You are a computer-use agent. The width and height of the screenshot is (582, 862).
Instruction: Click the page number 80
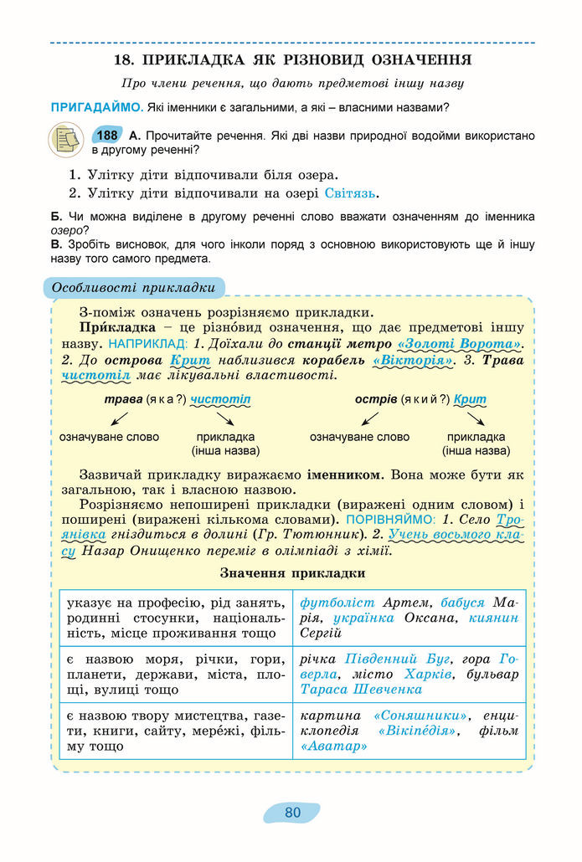tap(292, 813)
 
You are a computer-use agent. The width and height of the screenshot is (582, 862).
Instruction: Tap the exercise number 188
tap(107, 136)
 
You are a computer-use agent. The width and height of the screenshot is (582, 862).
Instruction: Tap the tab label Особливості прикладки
tap(134, 288)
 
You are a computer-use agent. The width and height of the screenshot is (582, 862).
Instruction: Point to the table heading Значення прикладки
tap(292, 573)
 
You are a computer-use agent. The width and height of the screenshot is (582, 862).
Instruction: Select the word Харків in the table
tap(429, 675)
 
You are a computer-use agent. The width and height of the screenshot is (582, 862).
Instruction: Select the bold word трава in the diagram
tap(123, 399)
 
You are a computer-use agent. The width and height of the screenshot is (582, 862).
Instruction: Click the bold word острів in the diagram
tap(375, 399)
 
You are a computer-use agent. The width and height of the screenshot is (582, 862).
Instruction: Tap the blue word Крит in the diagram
tap(470, 399)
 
